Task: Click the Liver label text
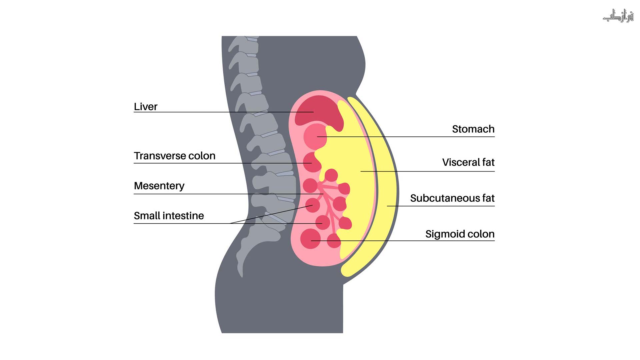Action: click(x=145, y=107)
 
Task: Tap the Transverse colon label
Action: click(x=174, y=156)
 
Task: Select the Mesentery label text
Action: click(x=159, y=186)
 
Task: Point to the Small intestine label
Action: click(x=169, y=216)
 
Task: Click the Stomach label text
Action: click(x=473, y=129)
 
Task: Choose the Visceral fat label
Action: click(x=468, y=162)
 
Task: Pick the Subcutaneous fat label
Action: click(x=452, y=198)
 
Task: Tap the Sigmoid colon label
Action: click(x=460, y=234)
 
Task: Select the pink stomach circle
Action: click(x=315, y=136)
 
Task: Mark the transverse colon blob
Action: click(x=312, y=162)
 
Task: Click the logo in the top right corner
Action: click(x=618, y=16)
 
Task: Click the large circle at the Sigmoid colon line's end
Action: click(x=310, y=239)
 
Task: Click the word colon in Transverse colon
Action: click(x=202, y=156)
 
